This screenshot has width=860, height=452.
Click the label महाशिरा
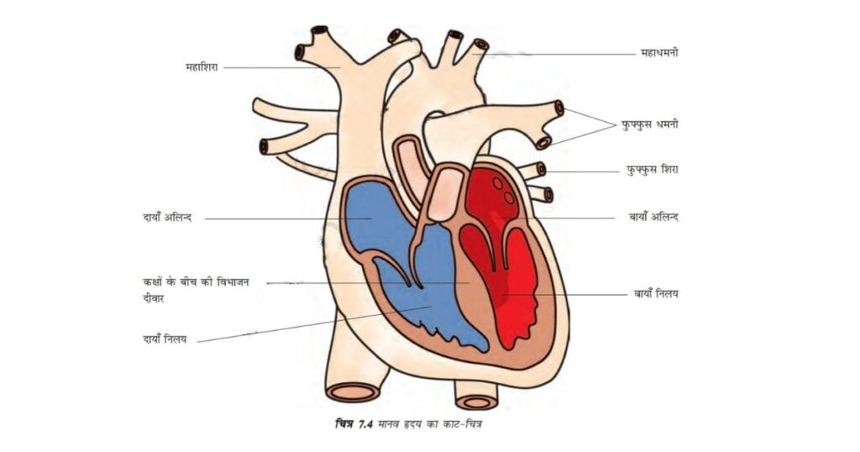[202, 67]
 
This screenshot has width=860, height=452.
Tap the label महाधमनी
[658, 53]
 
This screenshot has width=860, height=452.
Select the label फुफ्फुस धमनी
[649, 124]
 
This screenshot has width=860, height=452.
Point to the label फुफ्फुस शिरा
[652, 170]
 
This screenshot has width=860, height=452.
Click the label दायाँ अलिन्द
[167, 218]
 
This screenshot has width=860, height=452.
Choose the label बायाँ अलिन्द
[653, 217]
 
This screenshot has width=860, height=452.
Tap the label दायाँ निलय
[164, 339]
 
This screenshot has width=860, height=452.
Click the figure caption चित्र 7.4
[354, 424]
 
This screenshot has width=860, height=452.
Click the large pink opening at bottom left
[354, 392]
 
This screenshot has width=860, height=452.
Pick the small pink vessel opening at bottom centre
[477, 402]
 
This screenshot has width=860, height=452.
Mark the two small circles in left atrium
[504, 190]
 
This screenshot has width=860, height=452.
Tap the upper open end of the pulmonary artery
[558, 108]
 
